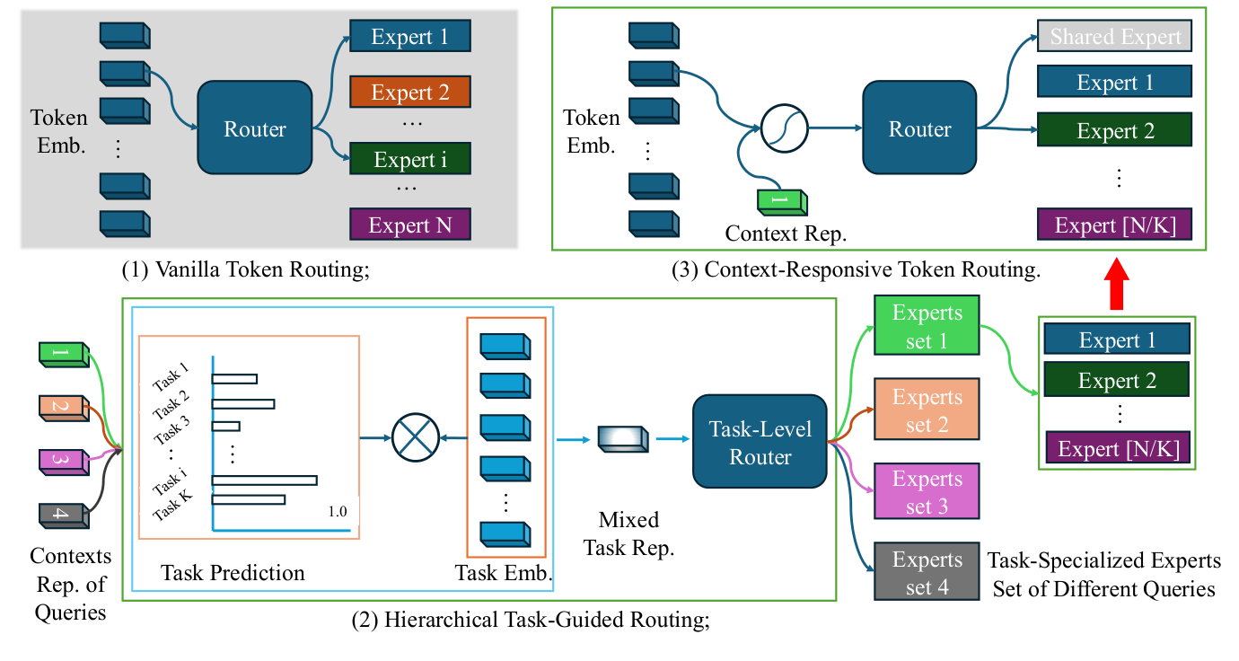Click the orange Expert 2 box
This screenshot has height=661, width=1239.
coord(409,93)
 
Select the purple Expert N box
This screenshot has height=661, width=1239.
coord(409,225)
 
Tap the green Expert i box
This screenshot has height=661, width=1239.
coord(409,160)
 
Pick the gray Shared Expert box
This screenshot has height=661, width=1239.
coord(1115,37)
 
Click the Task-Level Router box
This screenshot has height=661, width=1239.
coord(760,442)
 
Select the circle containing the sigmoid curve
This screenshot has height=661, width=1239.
coord(784,128)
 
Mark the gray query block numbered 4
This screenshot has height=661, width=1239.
coord(62,516)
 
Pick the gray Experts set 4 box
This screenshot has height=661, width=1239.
coord(927,573)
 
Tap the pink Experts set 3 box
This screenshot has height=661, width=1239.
coord(927,492)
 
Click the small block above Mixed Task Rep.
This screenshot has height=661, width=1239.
coord(621,439)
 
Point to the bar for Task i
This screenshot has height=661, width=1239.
coord(264,480)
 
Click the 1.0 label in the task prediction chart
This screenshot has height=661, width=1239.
coord(337,511)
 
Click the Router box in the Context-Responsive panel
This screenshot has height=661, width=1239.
coord(919,128)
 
